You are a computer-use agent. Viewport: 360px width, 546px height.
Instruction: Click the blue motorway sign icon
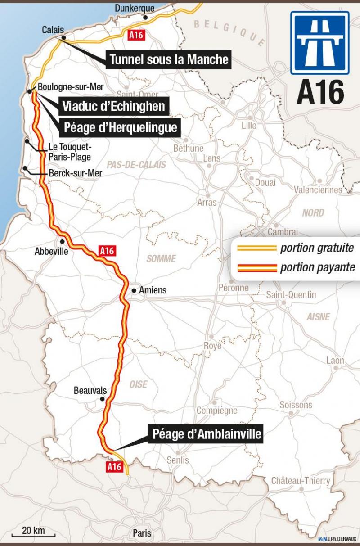click(319, 43)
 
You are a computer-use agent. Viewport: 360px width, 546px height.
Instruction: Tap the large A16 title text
click(320, 92)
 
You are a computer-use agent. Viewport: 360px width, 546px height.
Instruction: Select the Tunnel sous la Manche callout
click(169, 59)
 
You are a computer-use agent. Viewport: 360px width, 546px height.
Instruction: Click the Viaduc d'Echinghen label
click(113, 106)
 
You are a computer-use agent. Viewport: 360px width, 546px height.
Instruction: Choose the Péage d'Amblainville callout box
click(207, 434)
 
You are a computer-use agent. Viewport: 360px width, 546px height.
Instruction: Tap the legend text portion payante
click(317, 267)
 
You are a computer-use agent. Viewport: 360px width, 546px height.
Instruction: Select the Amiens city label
click(153, 290)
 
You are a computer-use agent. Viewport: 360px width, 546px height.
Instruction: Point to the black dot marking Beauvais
click(103, 399)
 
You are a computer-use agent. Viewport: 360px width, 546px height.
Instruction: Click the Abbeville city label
click(51, 252)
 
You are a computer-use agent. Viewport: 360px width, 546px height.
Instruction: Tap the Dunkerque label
click(135, 8)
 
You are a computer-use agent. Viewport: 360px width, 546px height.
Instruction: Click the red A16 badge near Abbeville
click(107, 251)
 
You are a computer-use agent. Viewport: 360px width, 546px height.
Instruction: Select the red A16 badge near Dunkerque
click(136, 35)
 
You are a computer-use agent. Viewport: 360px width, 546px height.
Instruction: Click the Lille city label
click(249, 125)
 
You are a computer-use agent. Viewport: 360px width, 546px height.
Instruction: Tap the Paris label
click(142, 533)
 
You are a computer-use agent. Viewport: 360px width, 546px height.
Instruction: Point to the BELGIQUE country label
click(229, 32)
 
